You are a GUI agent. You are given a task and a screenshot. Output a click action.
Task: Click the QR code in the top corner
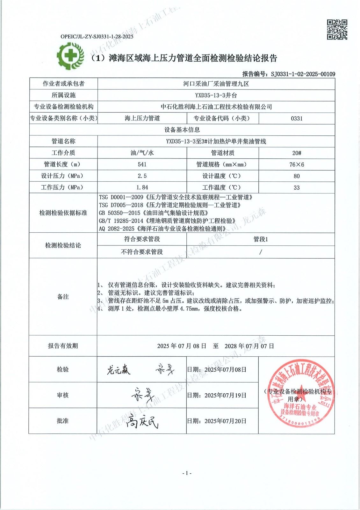click(337, 30)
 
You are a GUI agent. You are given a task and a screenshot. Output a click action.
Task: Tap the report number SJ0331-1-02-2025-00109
click(303, 74)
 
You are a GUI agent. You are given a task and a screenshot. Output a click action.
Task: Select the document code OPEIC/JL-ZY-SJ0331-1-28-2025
click(97, 37)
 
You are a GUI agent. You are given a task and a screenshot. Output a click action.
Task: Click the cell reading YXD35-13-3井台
click(216, 95)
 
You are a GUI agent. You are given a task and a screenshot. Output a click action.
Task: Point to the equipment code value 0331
click(297, 119)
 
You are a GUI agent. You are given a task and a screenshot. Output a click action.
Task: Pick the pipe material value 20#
click(297, 153)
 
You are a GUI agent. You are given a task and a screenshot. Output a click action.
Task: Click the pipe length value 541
click(142, 164)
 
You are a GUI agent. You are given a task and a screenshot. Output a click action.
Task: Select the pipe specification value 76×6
click(297, 164)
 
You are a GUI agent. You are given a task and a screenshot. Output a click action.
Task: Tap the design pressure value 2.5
click(142, 176)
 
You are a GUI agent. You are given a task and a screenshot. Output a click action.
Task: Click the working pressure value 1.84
click(142, 187)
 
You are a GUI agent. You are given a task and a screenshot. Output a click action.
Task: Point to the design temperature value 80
click(297, 176)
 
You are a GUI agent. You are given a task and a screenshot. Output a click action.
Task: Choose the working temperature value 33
click(297, 187)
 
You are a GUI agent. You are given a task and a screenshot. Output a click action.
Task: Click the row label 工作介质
click(63, 153)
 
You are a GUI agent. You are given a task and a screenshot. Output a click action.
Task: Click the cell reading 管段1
click(261, 239)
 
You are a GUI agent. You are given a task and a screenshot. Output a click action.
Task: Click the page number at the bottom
click(187, 473)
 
